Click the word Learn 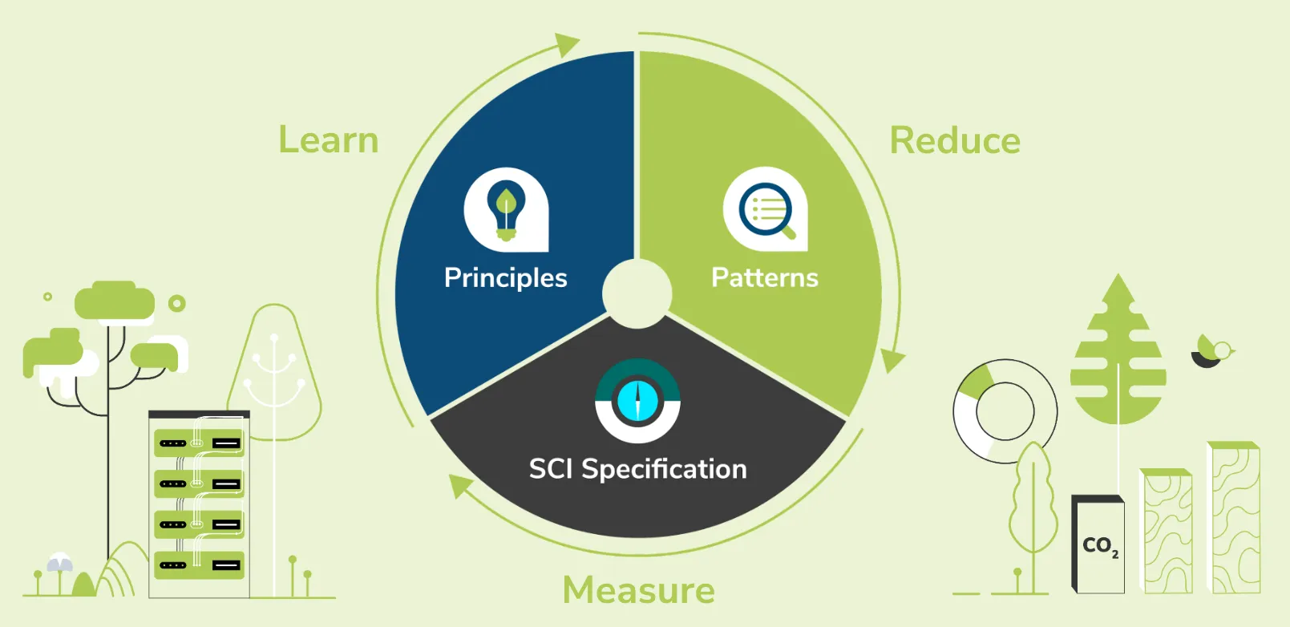pyautogui.click(x=328, y=140)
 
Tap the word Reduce pyautogui.click(x=955, y=141)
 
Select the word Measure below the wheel pyautogui.click(x=638, y=590)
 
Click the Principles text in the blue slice pyautogui.click(x=505, y=278)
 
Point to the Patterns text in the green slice pyautogui.click(x=765, y=277)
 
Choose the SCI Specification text pyautogui.click(x=637, y=469)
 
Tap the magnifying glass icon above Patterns pyautogui.click(x=766, y=209)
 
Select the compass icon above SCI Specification pyautogui.click(x=637, y=401)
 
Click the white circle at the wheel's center pyautogui.click(x=637, y=293)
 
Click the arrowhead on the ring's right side pyautogui.click(x=892, y=360)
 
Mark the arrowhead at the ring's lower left pyautogui.click(x=459, y=484)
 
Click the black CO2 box pyautogui.click(x=1098, y=545)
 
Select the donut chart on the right pyautogui.click(x=1004, y=411)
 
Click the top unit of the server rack pyautogui.click(x=199, y=443)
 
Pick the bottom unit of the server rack pyautogui.click(x=199, y=565)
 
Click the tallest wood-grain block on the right pyautogui.click(x=1235, y=518)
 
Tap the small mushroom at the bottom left pyautogui.click(x=60, y=564)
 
